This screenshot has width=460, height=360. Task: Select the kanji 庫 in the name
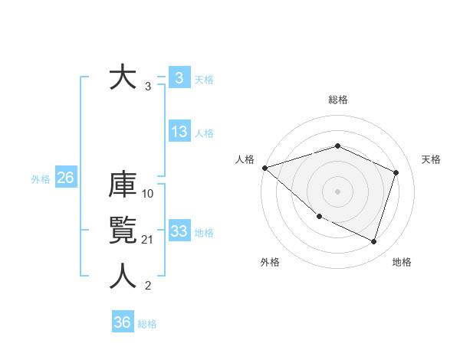click(123, 185)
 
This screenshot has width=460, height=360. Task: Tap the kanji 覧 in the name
click(123, 231)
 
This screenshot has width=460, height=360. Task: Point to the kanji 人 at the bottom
click(123, 277)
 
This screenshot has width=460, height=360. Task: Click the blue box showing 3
click(179, 77)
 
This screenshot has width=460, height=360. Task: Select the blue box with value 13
click(179, 132)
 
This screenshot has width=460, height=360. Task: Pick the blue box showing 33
click(179, 231)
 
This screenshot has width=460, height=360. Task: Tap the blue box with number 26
click(65, 178)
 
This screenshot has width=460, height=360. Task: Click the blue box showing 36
click(123, 322)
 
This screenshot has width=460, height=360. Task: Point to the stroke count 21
click(149, 241)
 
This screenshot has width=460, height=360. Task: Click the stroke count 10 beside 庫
click(149, 194)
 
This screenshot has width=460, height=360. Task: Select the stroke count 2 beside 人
click(148, 286)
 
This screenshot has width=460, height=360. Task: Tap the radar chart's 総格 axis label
click(338, 100)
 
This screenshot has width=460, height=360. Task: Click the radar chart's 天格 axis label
click(432, 159)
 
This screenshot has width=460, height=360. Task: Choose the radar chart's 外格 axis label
click(270, 262)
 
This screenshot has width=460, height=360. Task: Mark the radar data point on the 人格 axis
click(264, 167)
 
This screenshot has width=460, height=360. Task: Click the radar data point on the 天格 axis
click(396, 172)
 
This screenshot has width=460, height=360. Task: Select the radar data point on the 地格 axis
click(374, 242)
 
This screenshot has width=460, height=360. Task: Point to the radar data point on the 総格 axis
click(337, 146)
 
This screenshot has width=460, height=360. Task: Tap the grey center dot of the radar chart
click(337, 191)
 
